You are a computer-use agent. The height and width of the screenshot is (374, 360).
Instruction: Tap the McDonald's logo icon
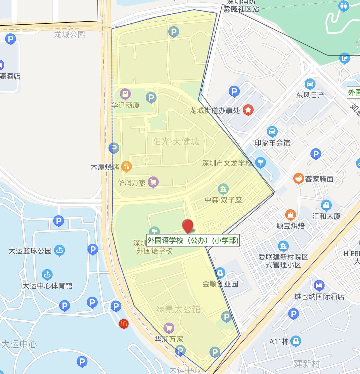tap(124, 323)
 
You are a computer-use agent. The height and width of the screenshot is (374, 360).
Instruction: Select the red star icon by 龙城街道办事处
tap(248, 110)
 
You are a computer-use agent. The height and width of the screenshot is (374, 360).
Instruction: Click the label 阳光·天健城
tap(176, 141)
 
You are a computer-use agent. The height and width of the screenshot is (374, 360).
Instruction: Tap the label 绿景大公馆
tap(178, 309)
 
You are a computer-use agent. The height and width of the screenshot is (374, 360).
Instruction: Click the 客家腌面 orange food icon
tap(298, 179)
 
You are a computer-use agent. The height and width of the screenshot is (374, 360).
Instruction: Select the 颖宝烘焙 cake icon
tap(291, 215)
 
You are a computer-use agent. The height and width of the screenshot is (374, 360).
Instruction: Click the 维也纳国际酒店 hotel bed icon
tap(319, 286)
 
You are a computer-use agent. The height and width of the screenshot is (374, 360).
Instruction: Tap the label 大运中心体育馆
tap(47, 286)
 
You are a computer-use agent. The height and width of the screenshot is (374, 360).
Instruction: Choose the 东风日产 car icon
tap(310, 84)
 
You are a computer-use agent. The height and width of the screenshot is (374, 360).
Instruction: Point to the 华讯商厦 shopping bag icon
tap(125, 94)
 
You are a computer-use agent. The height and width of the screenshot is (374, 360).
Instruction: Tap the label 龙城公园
tap(70, 34)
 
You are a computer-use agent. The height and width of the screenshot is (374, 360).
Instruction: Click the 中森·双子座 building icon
tap(223, 189)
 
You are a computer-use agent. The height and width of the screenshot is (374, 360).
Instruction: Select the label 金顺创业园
tap(220, 284)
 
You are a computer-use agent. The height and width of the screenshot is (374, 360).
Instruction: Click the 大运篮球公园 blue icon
tap(60, 250)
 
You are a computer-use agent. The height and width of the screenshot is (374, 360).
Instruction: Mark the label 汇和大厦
tap(326, 216)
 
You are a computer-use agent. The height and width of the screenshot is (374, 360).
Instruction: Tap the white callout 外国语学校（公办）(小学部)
tap(193, 240)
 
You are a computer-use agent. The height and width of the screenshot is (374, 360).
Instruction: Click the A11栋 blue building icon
tap(295, 341)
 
